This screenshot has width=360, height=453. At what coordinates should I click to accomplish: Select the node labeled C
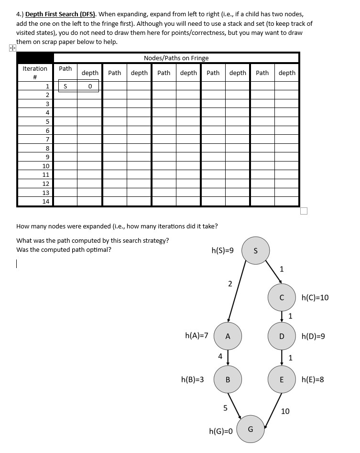tap(282, 297)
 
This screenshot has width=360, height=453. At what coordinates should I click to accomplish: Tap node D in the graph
tap(282, 336)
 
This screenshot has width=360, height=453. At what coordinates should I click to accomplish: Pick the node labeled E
tap(282, 379)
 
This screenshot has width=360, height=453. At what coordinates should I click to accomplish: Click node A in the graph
tap(228, 336)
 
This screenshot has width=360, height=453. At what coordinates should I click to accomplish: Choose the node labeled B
tap(228, 379)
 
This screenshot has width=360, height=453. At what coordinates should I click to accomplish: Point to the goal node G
tap(250, 429)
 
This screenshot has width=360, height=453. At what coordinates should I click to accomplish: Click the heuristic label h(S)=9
tap(222, 250)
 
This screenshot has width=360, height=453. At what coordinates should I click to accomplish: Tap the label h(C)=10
tap(315, 298)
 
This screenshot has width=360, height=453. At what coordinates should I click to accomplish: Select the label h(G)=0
tap(221, 431)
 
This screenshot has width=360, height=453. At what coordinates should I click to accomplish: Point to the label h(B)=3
tap(193, 380)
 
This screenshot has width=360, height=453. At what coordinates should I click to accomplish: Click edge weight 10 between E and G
tap(285, 411)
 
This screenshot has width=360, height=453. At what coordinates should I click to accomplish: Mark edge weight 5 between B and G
tap(225, 408)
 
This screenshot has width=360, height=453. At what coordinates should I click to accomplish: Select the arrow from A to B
tap(228, 357)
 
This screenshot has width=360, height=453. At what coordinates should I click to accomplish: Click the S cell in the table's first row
tap(65, 86)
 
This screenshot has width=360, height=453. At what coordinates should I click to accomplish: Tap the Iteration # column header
tap(35, 73)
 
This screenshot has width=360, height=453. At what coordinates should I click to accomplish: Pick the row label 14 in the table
tap(46, 201)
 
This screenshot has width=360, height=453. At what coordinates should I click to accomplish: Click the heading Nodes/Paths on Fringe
tap(176, 58)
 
